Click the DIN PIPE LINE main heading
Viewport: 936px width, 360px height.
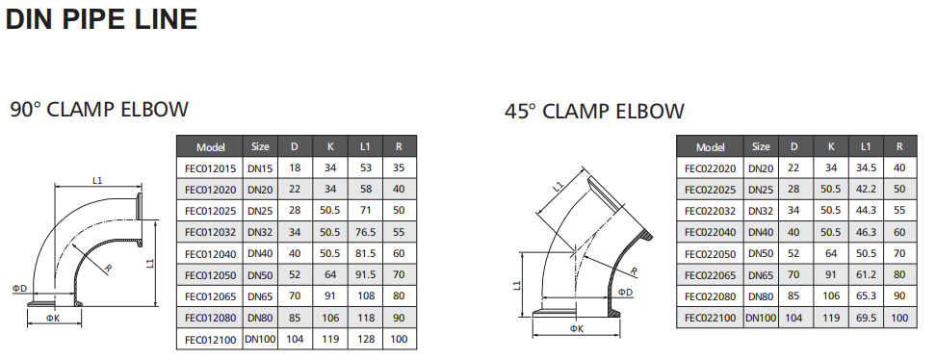101,19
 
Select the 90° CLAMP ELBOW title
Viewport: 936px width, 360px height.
99,110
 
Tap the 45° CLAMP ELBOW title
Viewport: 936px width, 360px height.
594,111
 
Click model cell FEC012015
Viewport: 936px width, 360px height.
210,168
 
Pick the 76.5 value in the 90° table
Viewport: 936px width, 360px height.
365,232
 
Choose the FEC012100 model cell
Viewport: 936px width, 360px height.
210,339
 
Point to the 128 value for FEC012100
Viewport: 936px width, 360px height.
365,339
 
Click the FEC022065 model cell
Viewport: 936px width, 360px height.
711,275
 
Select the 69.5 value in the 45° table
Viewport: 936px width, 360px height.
866,318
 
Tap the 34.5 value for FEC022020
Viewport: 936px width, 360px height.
866,168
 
